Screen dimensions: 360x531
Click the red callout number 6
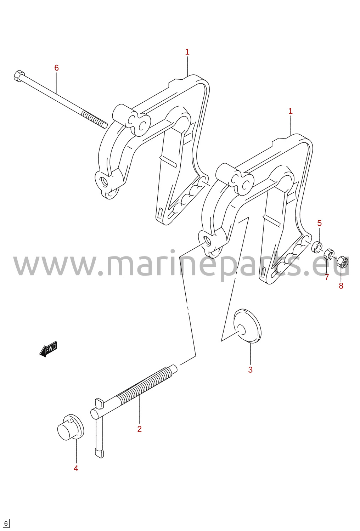point(56,68)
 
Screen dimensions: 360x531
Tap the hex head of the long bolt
point(19,75)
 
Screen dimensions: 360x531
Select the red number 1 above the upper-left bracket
point(187,52)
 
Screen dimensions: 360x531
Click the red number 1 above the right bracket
point(291,111)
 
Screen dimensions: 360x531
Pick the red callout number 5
point(320,223)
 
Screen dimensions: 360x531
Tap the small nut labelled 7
point(330,254)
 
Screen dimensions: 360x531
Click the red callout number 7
point(327,277)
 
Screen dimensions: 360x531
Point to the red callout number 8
point(341,286)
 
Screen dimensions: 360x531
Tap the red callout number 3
point(251,369)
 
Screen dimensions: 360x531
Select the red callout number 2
point(140,429)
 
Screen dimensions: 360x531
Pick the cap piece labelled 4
point(71,427)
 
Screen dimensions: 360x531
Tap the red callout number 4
point(76,468)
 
